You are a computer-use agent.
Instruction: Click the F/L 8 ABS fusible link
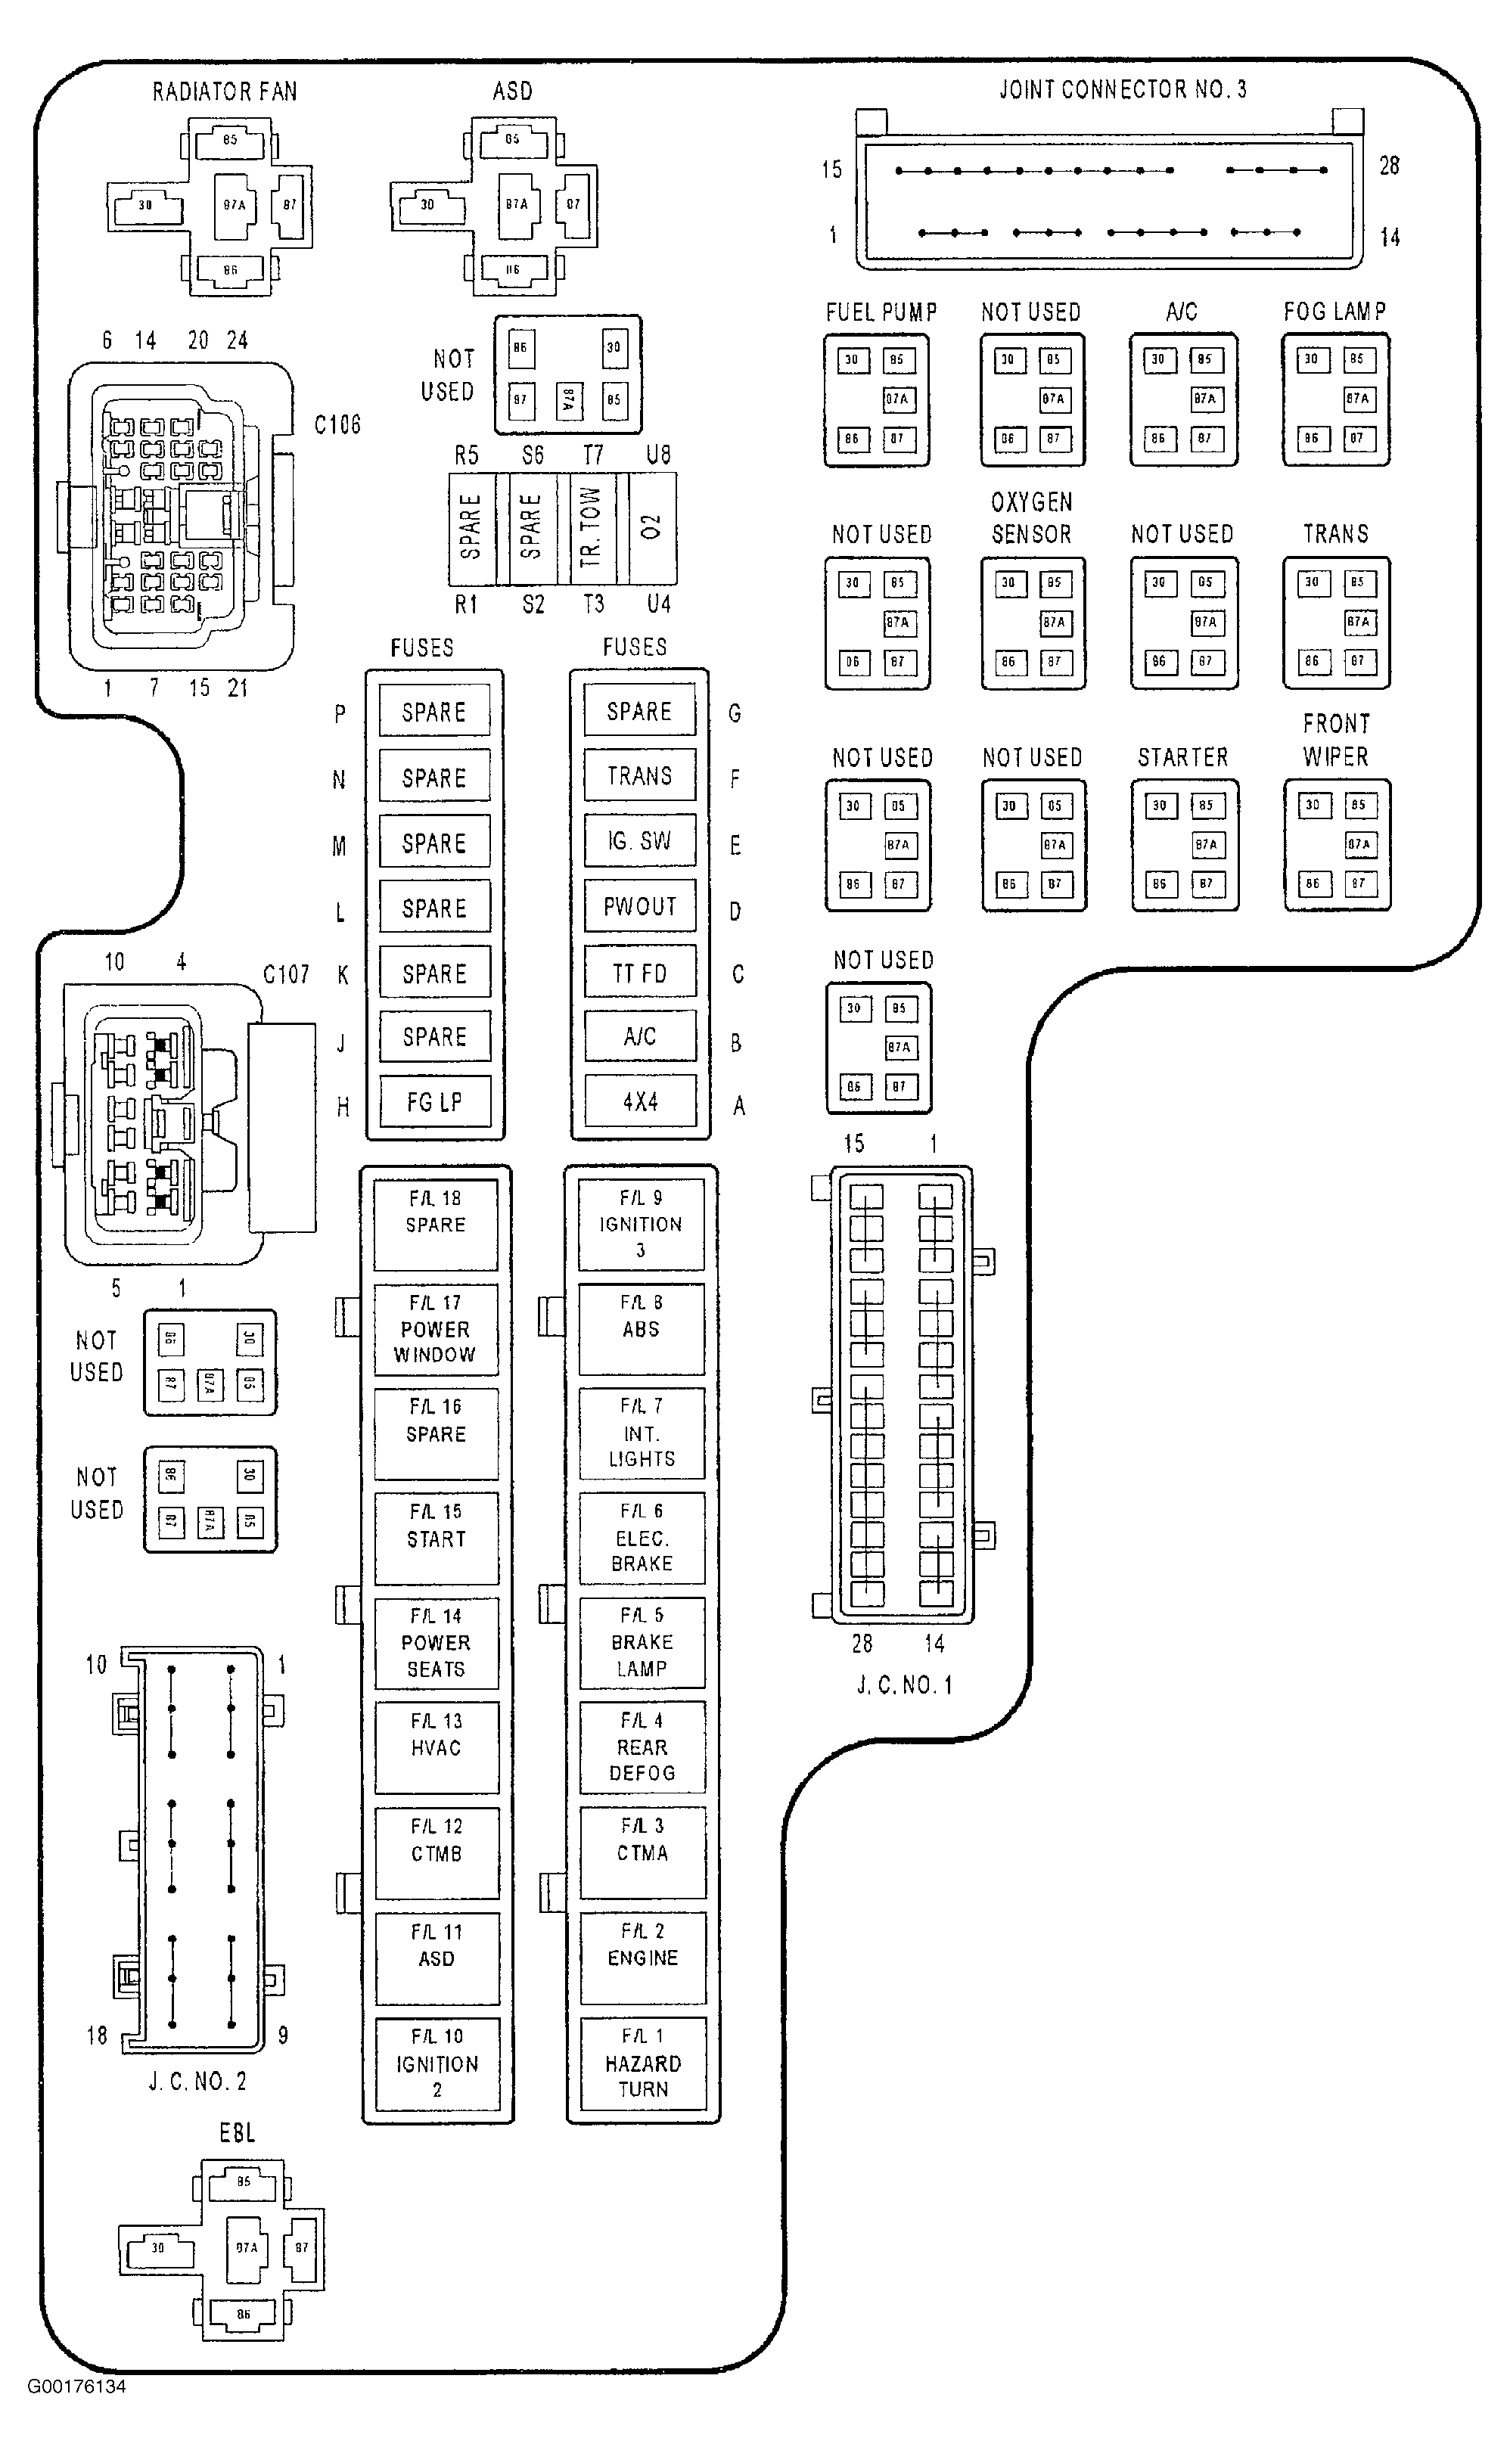pos(642,1329)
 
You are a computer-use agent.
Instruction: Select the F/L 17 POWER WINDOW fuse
pos(436,1329)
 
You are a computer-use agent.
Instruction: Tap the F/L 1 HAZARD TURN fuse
pos(642,2063)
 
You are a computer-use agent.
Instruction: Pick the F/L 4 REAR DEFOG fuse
pos(642,1747)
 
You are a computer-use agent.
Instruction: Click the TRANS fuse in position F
pos(639,776)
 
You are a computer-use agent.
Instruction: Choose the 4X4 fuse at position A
pos(640,1101)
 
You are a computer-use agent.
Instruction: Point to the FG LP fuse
pos(434,1101)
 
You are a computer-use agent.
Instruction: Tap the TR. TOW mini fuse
pos(592,527)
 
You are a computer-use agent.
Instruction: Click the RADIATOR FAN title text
pos(225,92)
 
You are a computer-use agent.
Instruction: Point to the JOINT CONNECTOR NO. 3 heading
pos(1123,90)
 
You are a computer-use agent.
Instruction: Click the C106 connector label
pos(337,425)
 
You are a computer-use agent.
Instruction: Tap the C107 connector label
pos(287,974)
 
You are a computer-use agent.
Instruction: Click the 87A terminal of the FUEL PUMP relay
pos(896,399)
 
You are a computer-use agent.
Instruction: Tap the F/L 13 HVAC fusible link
pos(437,1747)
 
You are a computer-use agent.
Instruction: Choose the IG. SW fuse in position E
pos(639,842)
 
